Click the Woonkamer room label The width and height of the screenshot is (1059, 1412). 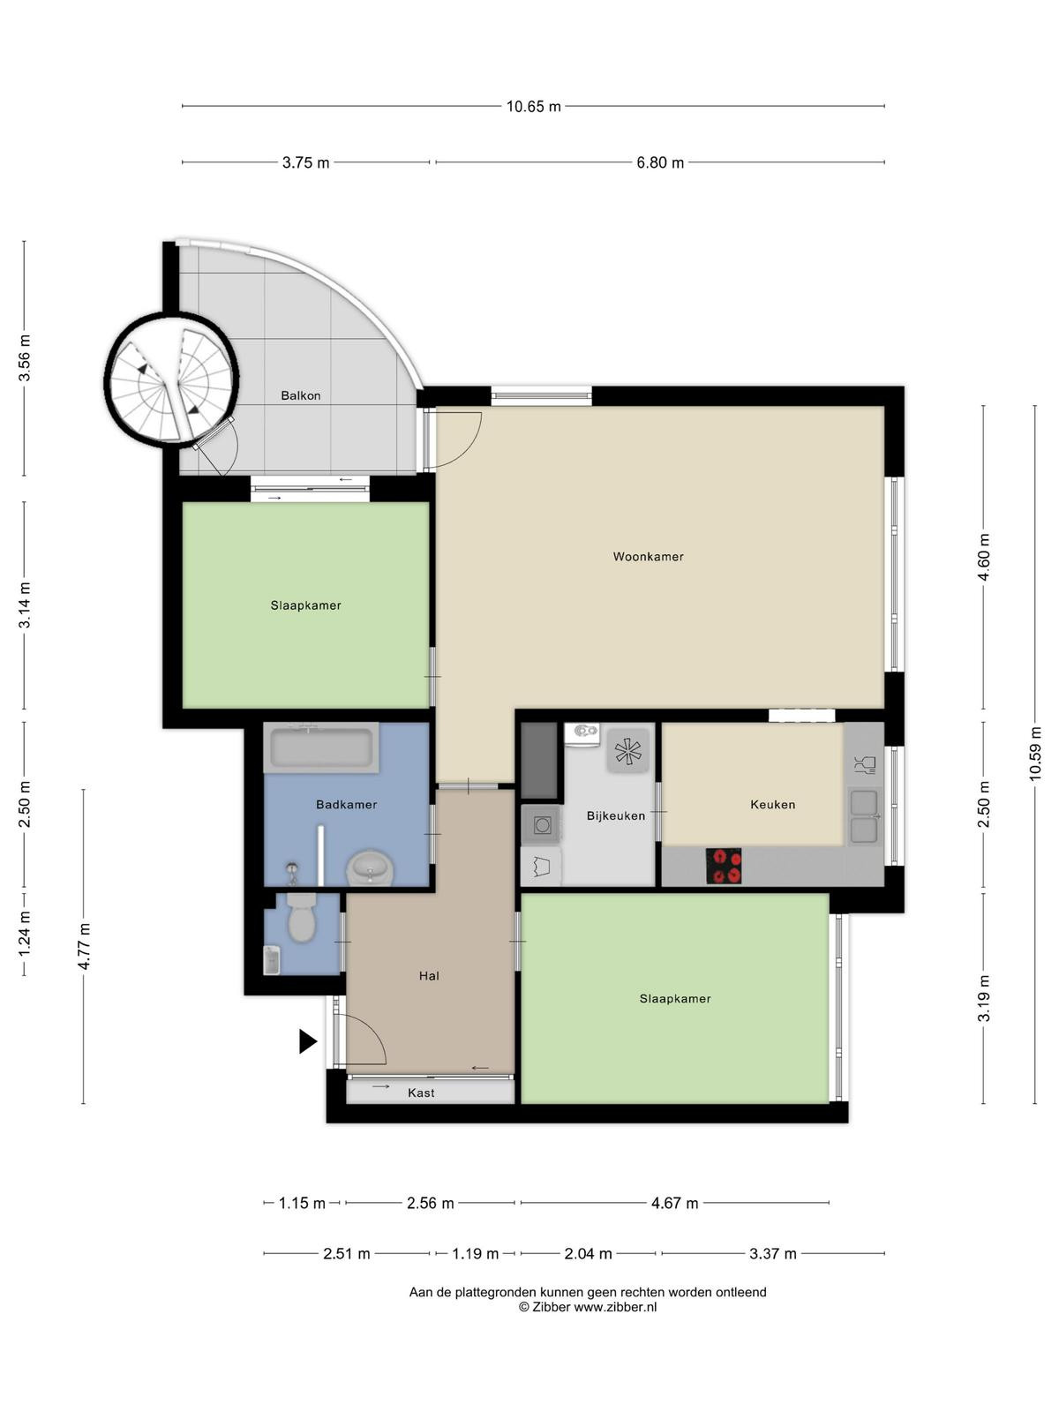(x=648, y=557)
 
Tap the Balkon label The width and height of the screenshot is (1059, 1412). (x=300, y=395)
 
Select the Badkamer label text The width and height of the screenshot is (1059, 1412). (x=346, y=804)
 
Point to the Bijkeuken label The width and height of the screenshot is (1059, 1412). (x=615, y=815)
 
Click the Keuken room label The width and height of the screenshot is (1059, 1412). (x=772, y=804)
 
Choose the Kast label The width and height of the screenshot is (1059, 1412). (x=421, y=1093)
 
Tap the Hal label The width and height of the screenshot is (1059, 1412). (x=429, y=976)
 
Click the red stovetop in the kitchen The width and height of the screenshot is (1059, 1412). (x=724, y=866)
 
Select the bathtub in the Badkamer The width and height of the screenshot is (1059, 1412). (x=321, y=747)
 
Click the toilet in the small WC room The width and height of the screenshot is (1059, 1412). (x=301, y=918)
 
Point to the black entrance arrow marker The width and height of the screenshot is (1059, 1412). (x=308, y=1041)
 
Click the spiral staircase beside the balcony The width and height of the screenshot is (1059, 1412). (x=171, y=380)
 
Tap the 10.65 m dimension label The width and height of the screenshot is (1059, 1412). (x=533, y=106)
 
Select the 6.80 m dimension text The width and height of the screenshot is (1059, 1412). (x=660, y=162)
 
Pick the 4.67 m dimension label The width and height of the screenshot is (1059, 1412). (x=674, y=1203)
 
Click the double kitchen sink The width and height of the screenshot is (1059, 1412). (x=864, y=816)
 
